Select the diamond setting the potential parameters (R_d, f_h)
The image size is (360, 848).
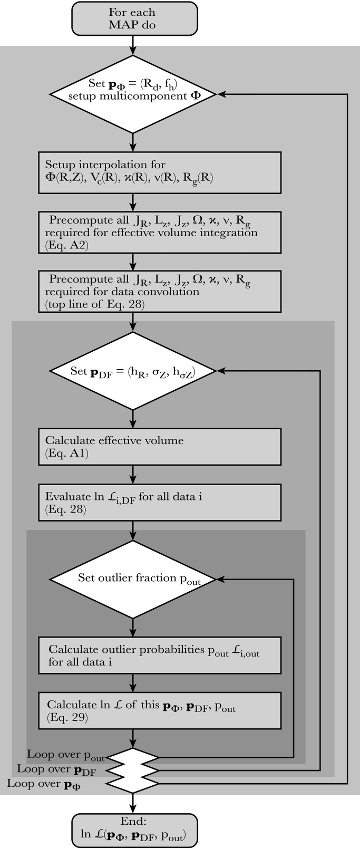132,94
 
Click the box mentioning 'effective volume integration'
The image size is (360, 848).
159,232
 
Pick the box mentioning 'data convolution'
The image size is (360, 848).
159,291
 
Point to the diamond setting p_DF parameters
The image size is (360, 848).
132,371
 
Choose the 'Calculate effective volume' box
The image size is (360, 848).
159,446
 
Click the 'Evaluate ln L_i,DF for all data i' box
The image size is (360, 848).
159,502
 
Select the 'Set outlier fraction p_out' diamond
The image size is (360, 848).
132,579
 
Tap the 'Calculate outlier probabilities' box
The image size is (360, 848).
159,655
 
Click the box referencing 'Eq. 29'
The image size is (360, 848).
159,710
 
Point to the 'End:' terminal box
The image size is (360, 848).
134,829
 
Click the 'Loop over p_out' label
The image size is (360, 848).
66,756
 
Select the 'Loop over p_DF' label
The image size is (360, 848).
56,770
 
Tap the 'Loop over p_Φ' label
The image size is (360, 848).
45,784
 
